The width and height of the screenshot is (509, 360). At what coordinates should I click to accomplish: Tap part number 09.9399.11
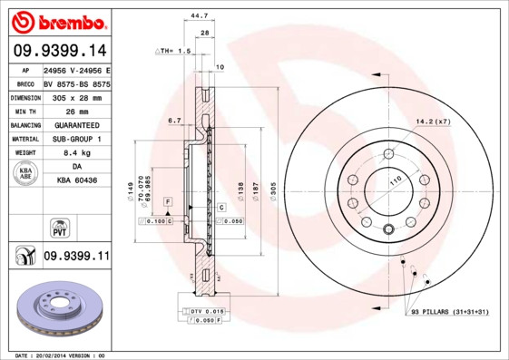point(76,257)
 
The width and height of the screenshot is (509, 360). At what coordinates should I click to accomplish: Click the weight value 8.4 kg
point(76,153)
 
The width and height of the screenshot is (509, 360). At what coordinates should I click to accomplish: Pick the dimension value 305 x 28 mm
point(76,95)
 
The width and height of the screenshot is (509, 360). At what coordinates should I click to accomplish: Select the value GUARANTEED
point(76,124)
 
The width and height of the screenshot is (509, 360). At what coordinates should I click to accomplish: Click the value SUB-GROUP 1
point(76,139)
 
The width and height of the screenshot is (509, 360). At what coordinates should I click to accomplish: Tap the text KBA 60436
point(76,181)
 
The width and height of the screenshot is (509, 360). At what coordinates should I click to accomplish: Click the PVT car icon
point(59,227)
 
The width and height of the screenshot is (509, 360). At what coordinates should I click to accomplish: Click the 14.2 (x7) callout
point(433,121)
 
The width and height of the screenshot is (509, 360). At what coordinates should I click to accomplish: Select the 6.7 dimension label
point(176,120)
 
